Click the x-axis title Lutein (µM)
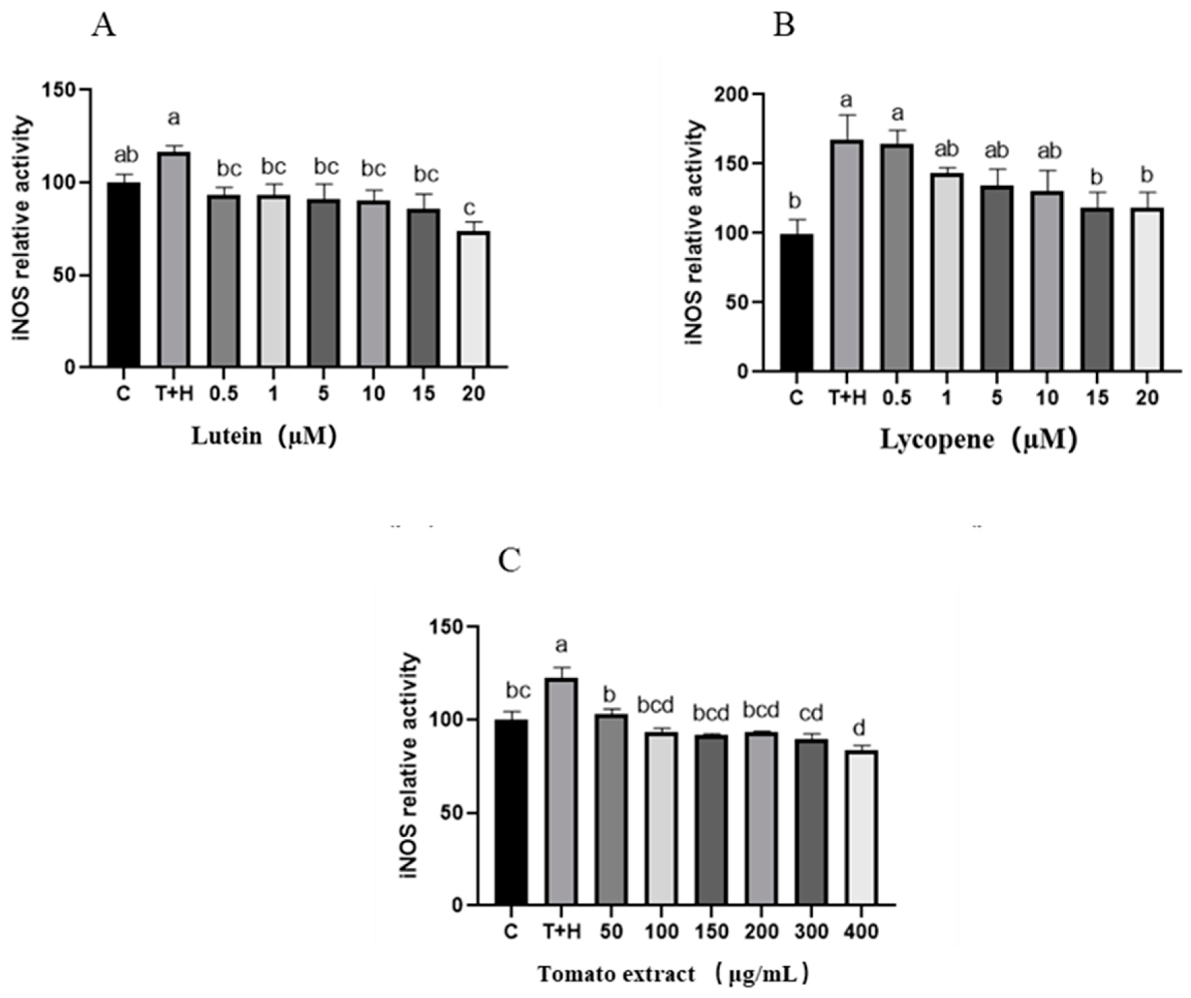pos(264,437)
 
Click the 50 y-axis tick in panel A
pos(62,276)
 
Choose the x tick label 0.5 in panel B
pos(896,398)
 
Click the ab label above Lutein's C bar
pos(126,155)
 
